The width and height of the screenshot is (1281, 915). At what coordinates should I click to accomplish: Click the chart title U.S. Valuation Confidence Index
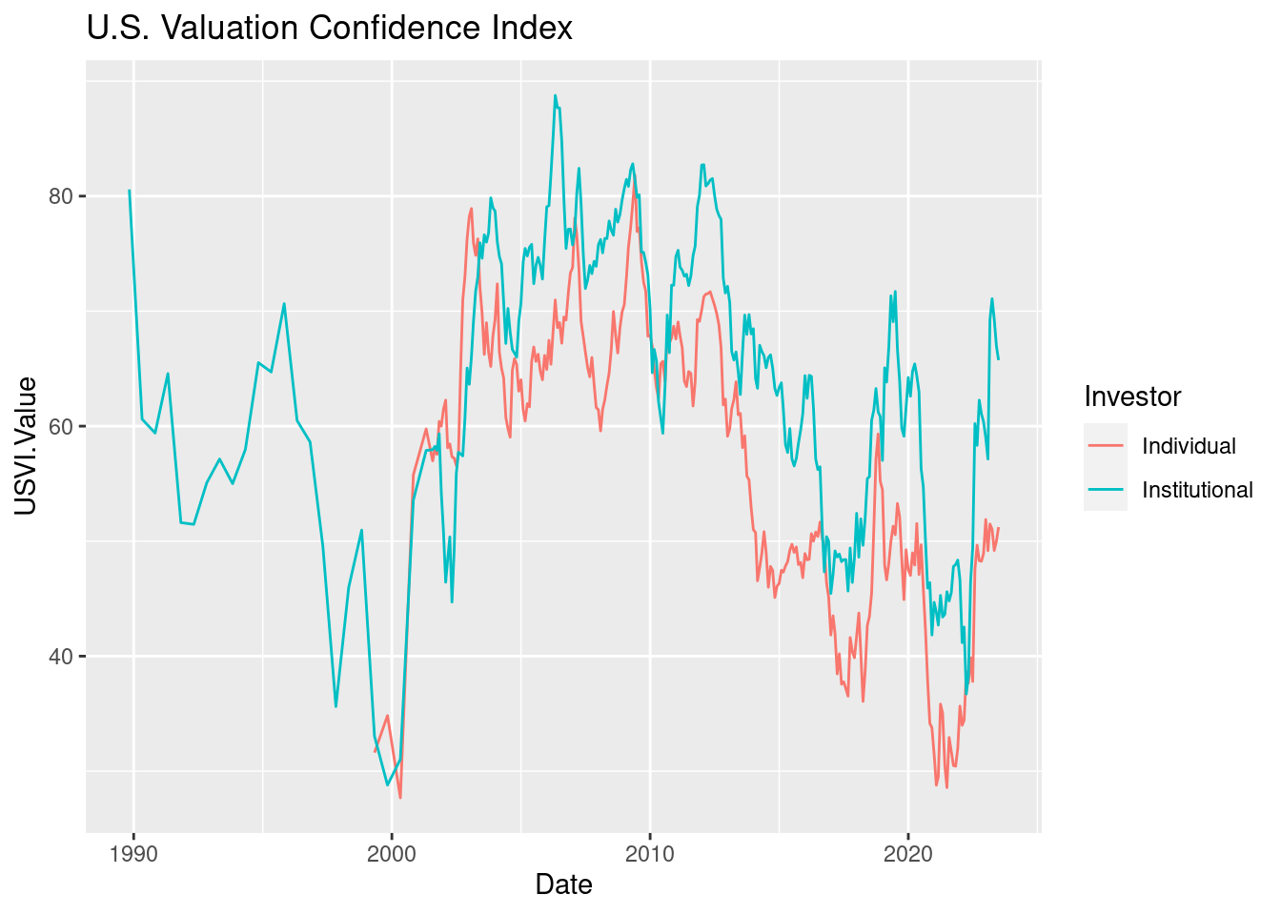329,29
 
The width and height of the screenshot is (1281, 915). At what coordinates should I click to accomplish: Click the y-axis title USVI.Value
27,445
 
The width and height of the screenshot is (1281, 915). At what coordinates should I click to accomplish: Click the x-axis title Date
563,884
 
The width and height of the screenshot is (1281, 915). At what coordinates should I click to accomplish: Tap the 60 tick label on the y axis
62,426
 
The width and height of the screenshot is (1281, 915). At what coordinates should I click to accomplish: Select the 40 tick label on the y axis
62,657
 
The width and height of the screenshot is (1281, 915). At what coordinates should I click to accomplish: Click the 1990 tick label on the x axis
133,852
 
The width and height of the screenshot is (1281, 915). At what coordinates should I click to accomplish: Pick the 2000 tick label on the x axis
392,852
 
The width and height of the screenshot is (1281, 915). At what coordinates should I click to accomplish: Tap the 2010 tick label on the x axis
650,852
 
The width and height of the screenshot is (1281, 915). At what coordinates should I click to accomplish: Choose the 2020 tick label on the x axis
908,852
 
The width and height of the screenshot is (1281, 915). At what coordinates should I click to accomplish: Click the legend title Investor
1132,396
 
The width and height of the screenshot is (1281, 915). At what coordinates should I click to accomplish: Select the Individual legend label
1189,446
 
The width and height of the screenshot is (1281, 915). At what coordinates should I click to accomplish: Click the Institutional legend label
1197,490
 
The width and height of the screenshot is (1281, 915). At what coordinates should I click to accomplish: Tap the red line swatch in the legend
1106,446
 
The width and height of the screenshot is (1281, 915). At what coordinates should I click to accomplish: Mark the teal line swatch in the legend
1106,490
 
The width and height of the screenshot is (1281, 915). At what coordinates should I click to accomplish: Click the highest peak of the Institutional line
555,95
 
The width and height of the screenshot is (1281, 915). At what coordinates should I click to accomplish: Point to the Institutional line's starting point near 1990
130,191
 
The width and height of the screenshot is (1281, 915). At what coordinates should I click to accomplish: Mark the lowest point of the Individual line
400,798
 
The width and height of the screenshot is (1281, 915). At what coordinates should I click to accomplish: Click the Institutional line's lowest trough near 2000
387,785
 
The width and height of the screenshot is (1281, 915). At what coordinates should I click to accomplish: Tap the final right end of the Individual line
999,528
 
